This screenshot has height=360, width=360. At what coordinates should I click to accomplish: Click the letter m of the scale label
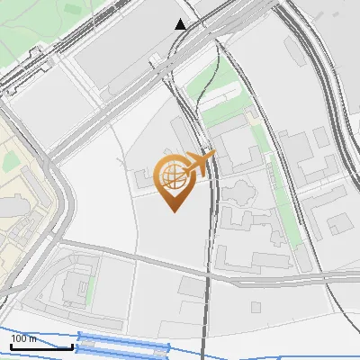[x=33, y=338]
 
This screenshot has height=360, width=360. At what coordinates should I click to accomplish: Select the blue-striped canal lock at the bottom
[x=123, y=343]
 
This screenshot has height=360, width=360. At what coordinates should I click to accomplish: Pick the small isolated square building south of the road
[x=256, y=307]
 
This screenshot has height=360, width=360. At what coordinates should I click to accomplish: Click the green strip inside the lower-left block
[x=90, y=288]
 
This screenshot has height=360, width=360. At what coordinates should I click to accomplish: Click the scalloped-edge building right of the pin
[x=241, y=193]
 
